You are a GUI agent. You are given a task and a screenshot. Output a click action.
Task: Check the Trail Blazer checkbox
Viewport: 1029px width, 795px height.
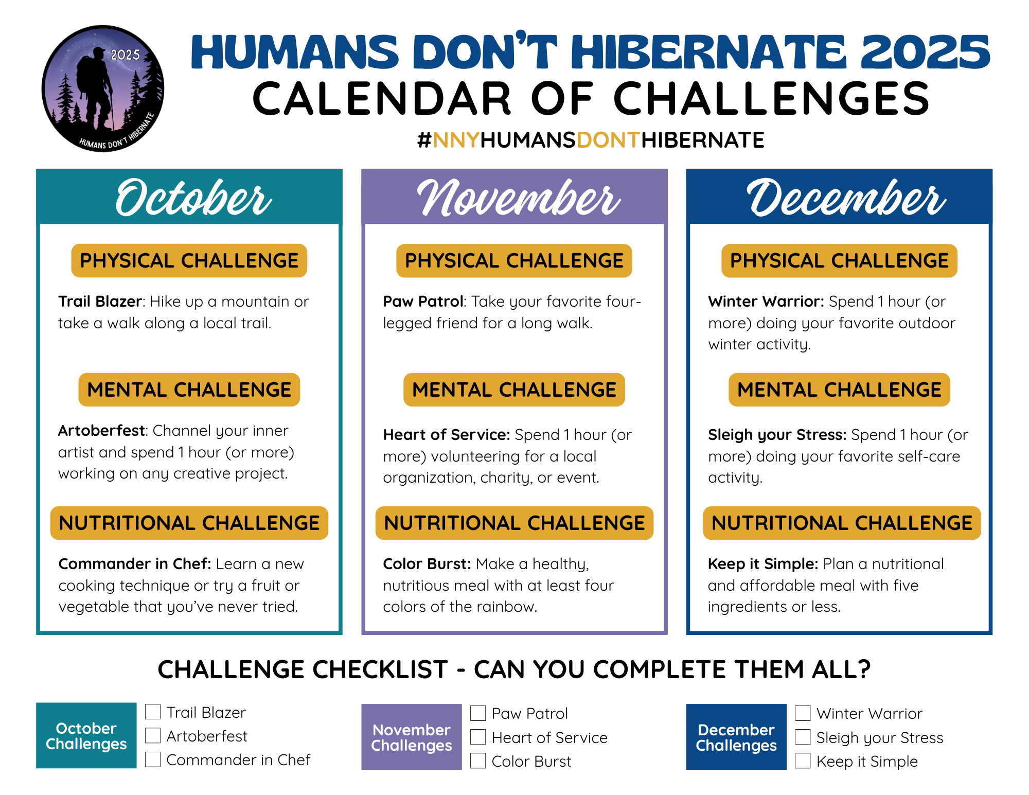(x=153, y=712)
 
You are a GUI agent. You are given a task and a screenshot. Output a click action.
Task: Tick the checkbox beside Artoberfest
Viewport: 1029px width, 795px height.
(x=153, y=735)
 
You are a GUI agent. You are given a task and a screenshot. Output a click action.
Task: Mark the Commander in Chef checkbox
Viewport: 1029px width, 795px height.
(x=153, y=759)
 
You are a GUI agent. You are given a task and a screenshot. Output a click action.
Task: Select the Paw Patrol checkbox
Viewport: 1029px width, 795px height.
(x=478, y=713)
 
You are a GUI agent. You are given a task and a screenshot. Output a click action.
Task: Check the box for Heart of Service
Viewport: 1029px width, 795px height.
(x=478, y=737)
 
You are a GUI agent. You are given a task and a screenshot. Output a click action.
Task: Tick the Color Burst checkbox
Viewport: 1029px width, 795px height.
(x=478, y=761)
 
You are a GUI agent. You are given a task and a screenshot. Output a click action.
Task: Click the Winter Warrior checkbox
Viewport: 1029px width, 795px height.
(x=803, y=713)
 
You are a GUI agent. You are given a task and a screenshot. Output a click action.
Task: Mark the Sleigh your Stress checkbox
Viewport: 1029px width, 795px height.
(x=803, y=737)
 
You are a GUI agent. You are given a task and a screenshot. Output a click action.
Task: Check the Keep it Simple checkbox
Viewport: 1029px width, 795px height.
(x=803, y=761)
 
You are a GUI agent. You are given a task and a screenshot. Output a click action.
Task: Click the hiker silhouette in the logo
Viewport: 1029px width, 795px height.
(x=95, y=87)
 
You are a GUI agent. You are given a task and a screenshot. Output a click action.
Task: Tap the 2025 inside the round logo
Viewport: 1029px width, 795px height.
(x=125, y=55)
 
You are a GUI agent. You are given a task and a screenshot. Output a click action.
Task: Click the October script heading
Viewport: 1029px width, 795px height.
(x=193, y=198)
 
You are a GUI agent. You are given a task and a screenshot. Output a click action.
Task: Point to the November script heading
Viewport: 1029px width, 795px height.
(x=519, y=198)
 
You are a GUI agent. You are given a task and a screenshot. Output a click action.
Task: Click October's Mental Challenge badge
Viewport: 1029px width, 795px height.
(x=189, y=390)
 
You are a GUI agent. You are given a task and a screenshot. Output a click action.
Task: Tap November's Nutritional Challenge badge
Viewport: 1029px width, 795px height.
(x=514, y=523)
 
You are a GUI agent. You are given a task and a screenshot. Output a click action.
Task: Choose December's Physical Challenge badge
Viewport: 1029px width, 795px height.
(x=839, y=260)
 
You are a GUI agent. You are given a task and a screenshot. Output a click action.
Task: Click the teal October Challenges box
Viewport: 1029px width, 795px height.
(x=86, y=735)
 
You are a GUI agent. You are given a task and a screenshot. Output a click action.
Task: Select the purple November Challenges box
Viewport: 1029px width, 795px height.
(x=412, y=737)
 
